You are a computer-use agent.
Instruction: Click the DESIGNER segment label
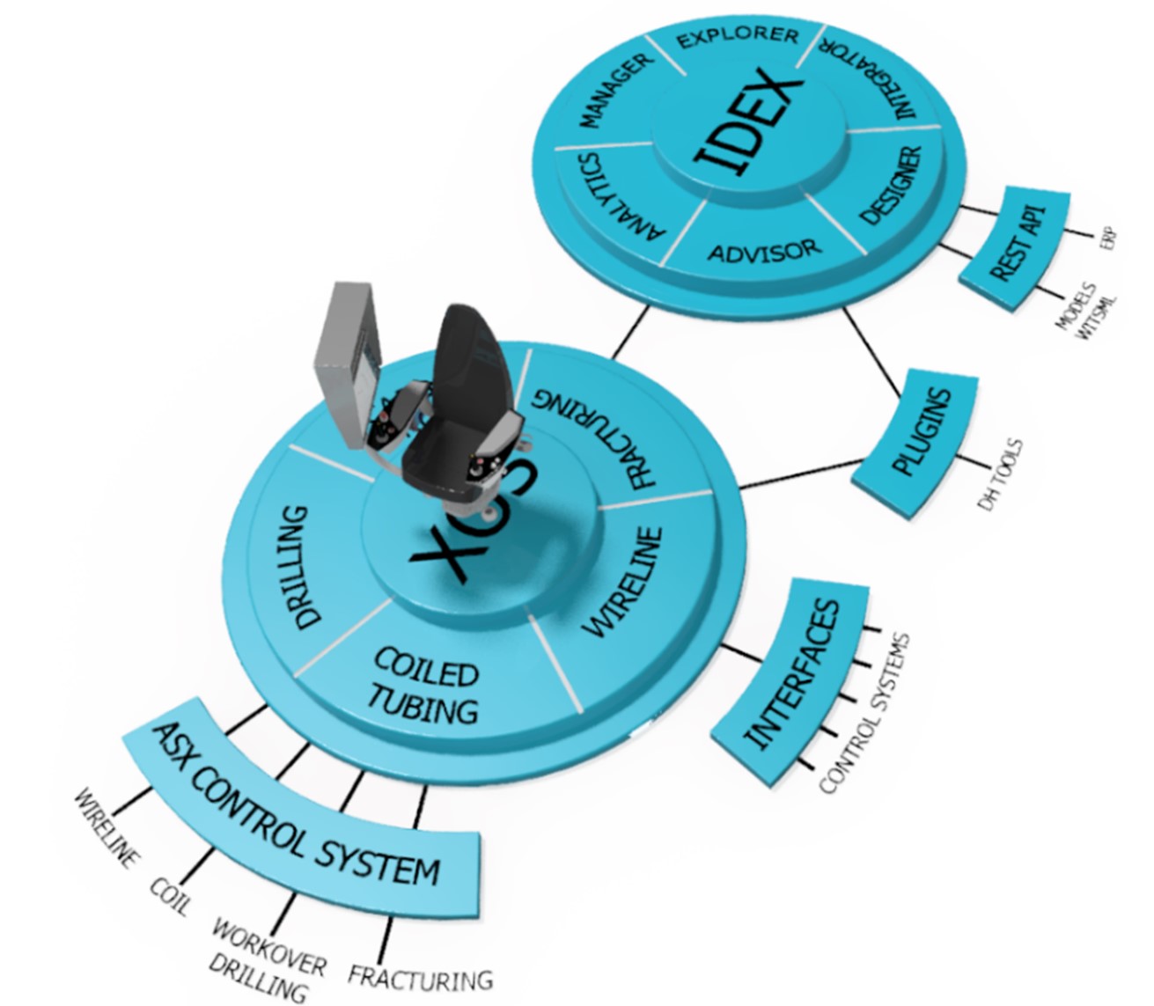click(x=890, y=186)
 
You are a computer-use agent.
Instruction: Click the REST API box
click(x=1018, y=244)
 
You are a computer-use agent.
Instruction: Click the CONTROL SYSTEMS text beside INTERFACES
click(x=867, y=713)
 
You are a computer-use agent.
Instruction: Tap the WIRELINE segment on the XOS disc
click(x=625, y=581)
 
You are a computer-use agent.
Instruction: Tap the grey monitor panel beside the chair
click(x=349, y=361)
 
